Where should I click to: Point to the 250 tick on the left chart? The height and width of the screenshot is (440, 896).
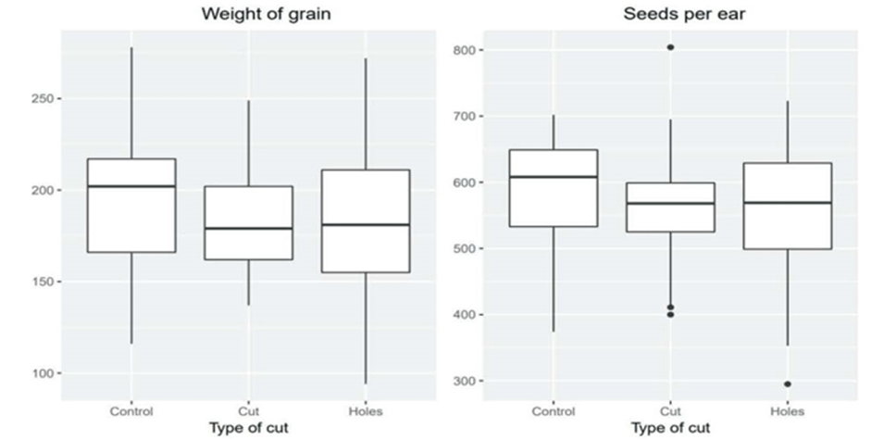(43, 99)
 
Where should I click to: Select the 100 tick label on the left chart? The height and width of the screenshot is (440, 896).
(43, 373)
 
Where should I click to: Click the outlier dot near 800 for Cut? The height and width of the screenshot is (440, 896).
(670, 47)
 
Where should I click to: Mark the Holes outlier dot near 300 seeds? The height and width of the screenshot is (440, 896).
(788, 383)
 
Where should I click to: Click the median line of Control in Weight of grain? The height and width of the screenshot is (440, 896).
(131, 186)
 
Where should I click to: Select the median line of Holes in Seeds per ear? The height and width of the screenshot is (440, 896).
(788, 203)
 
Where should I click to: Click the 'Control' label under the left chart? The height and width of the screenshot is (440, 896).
(131, 411)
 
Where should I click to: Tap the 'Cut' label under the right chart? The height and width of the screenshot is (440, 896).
(670, 411)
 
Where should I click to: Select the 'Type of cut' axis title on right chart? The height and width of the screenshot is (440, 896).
(670, 428)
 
